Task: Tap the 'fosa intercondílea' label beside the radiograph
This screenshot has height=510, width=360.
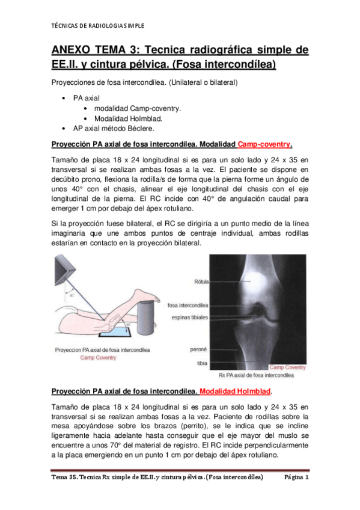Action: (x=189, y=305)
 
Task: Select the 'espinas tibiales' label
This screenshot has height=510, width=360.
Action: (x=191, y=317)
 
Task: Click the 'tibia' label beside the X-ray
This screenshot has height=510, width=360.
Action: (x=202, y=363)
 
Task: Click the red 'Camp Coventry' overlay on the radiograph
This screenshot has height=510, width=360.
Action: (x=287, y=367)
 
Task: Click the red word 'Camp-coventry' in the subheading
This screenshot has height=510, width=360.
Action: (x=264, y=144)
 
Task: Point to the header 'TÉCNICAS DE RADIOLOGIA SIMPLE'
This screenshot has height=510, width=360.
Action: (x=95, y=26)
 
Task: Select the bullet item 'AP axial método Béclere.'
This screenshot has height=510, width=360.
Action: (x=114, y=128)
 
